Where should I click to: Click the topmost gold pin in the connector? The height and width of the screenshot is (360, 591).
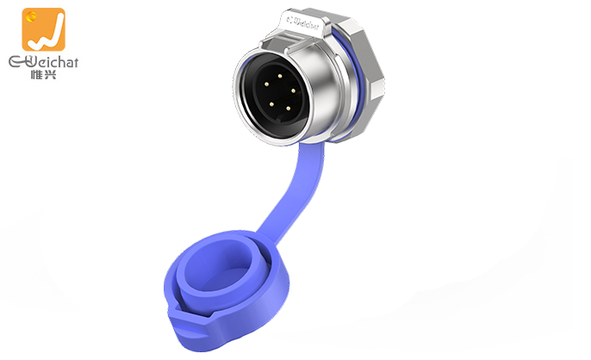pyautogui.click(x=280, y=76)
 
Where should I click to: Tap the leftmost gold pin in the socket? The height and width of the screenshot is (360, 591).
pyautogui.click(x=266, y=84)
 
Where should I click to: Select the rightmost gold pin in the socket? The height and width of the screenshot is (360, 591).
pyautogui.click(x=293, y=90)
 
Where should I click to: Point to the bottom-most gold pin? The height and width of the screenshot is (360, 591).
pyautogui.click(x=289, y=109)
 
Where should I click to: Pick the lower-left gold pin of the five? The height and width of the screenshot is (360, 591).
pyautogui.click(x=271, y=103)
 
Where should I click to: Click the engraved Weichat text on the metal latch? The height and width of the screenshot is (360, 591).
pyautogui.click(x=303, y=22)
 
